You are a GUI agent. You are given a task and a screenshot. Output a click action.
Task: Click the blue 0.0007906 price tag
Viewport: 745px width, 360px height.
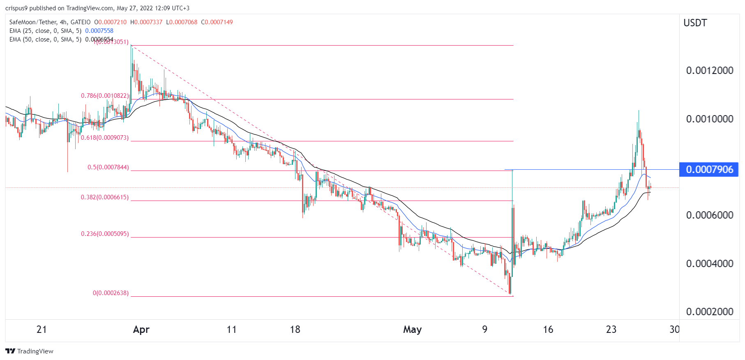pos(709,170)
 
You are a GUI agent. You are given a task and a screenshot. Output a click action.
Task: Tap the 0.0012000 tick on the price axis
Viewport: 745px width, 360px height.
pos(710,71)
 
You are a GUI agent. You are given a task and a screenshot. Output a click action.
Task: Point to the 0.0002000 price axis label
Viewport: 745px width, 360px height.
pos(710,312)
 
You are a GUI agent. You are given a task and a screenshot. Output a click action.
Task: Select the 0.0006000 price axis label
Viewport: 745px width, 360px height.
pos(710,215)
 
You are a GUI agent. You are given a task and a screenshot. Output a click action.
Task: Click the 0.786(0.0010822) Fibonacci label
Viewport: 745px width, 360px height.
pos(105,96)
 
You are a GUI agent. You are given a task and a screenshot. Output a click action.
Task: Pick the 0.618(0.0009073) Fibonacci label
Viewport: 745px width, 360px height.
pos(105,138)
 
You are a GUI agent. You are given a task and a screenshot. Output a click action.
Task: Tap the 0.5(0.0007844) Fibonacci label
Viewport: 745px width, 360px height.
pos(108,168)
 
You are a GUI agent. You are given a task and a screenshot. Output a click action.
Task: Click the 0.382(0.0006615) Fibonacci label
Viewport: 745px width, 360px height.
pos(105,198)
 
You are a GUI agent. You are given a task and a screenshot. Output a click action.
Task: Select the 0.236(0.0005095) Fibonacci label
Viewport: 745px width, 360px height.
pos(105,234)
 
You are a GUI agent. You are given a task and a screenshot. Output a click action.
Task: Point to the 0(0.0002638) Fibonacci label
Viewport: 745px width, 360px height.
pos(111,293)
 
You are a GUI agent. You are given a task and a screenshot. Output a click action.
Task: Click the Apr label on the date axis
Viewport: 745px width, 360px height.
pos(141,330)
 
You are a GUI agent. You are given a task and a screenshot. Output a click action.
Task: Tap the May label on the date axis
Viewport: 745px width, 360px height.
pos(412,330)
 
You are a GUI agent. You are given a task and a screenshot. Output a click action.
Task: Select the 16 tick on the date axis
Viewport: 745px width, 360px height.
pos(548,330)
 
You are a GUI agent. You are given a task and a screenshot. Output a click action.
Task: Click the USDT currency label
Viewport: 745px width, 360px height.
pos(695,23)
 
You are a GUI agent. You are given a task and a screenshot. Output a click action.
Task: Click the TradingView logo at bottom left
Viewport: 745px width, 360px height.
pos(30,351)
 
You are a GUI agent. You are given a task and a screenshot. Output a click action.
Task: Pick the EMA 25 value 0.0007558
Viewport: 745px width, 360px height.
pos(99,31)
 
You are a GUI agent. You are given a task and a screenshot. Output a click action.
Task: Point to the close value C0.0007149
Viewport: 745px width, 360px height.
pos(217,22)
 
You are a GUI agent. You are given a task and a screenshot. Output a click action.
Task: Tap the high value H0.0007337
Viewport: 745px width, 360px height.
pos(146,22)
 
